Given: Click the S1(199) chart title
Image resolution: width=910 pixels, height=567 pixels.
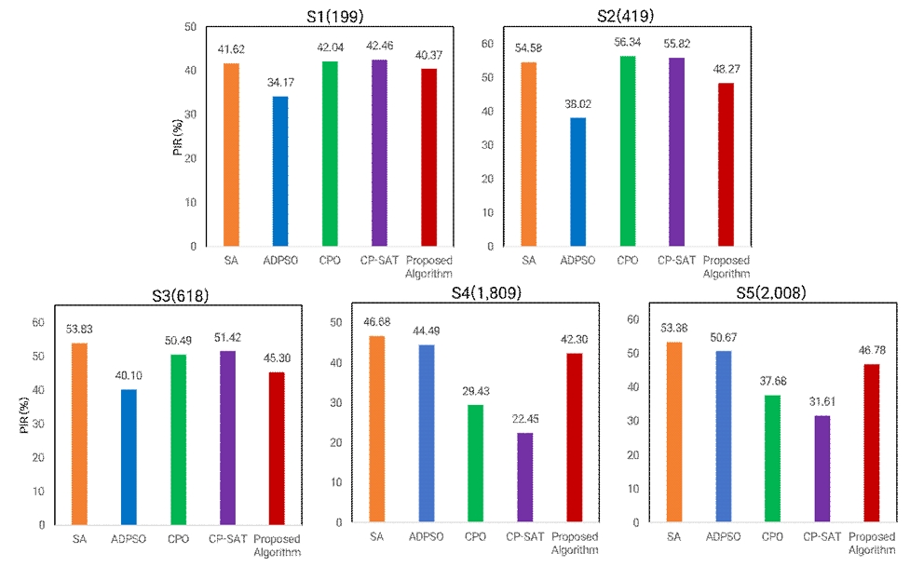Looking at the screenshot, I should coord(330,16).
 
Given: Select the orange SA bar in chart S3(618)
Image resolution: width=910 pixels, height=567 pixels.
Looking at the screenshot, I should coord(79,434).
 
